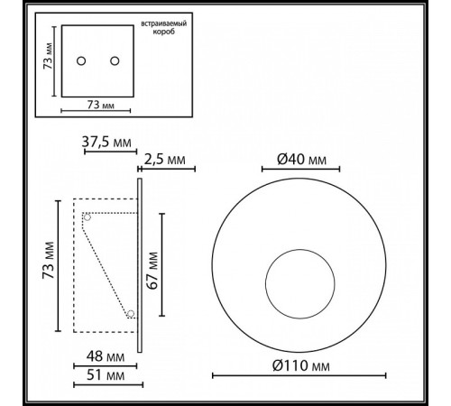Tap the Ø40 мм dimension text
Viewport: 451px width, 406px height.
tap(301, 159)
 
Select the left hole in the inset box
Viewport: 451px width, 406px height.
tap(80, 61)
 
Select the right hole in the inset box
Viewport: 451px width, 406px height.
tap(115, 61)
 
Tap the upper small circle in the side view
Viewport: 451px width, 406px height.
tap(87, 217)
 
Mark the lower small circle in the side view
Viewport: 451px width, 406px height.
tap(131, 314)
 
